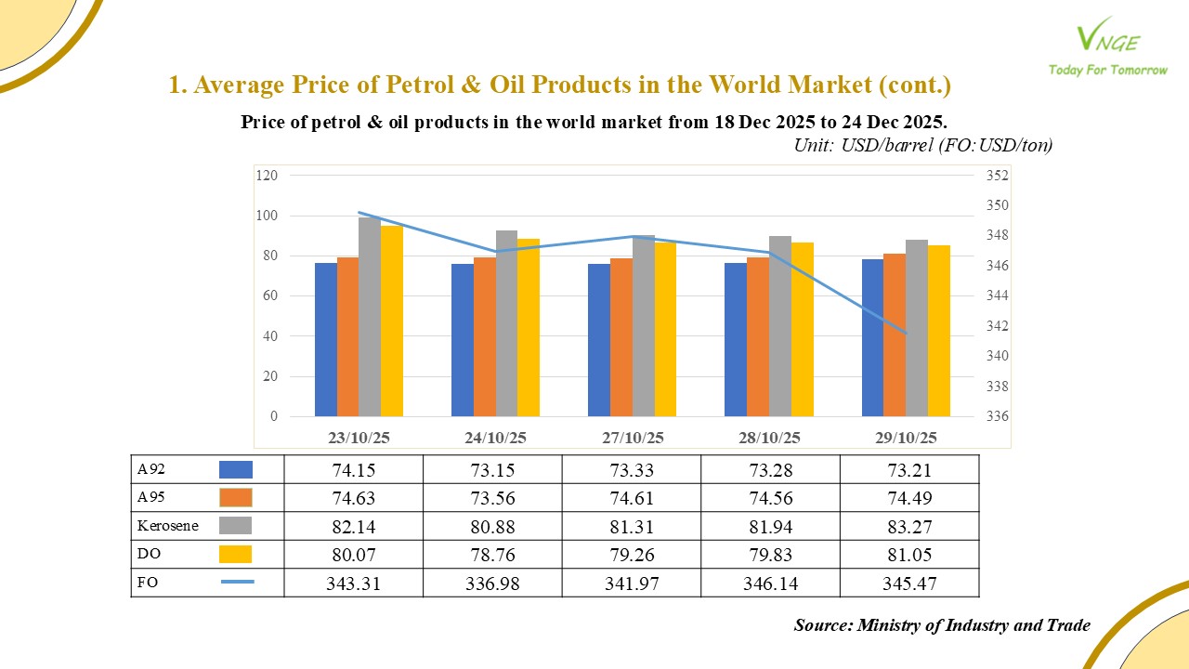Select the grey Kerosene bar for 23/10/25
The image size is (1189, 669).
pyautogui.click(x=370, y=316)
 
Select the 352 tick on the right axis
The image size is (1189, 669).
pyautogui.click(x=998, y=175)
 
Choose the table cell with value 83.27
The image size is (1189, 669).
pyautogui.click(x=909, y=526)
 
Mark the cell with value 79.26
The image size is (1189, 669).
pyautogui.click(x=631, y=555)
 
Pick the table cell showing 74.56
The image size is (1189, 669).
pyautogui.click(x=770, y=498)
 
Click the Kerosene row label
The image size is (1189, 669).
pyautogui.click(x=168, y=526)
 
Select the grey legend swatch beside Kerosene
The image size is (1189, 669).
pyautogui.click(x=236, y=526)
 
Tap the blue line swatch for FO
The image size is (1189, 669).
pyautogui.click(x=237, y=583)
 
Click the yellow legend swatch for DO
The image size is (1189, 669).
pyautogui.click(x=236, y=555)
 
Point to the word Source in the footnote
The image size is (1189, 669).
pyautogui.click(x=823, y=625)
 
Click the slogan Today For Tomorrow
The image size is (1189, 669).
pyautogui.click(x=1107, y=70)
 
